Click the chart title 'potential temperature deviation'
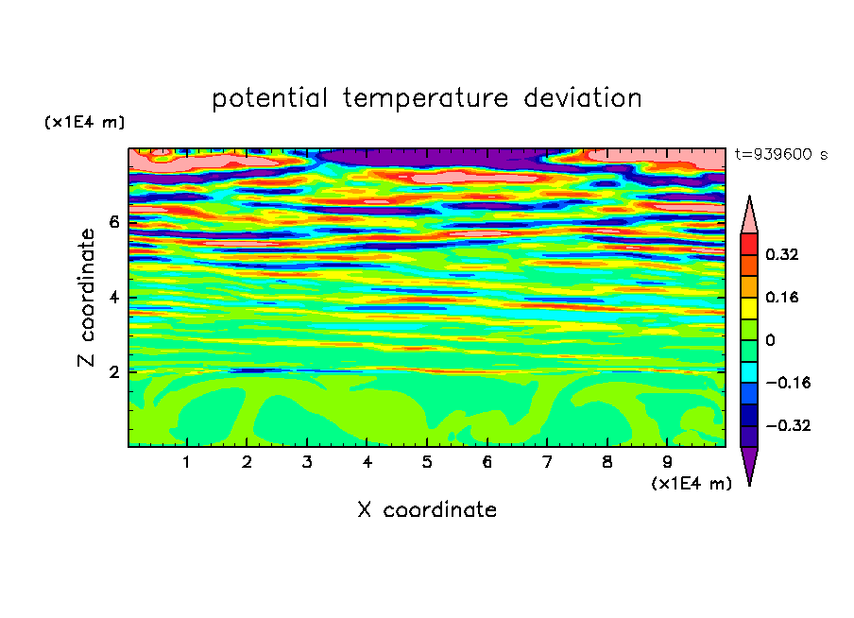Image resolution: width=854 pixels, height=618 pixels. click(x=426, y=99)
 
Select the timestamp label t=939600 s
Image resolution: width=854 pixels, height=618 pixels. click(x=781, y=154)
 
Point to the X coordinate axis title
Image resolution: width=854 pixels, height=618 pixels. click(x=427, y=509)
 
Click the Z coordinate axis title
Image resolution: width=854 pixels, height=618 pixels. click(x=87, y=297)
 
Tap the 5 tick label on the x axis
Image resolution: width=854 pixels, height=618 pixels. click(x=427, y=462)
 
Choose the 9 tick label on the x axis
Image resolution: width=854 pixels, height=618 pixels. click(x=667, y=462)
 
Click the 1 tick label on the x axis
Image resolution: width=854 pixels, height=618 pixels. click(x=187, y=462)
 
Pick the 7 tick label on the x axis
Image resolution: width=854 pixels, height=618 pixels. click(x=547, y=462)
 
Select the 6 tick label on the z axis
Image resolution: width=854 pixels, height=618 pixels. click(x=113, y=222)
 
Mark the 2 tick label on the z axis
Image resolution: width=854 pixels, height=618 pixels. click(x=113, y=372)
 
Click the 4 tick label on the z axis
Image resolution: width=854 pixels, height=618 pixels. click(x=113, y=298)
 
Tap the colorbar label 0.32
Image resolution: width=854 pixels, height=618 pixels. click(x=781, y=254)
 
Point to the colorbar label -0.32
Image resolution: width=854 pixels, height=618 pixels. click(x=788, y=425)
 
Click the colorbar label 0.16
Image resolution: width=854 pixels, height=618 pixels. click(x=781, y=297)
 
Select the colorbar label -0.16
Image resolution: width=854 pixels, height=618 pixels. click(x=788, y=383)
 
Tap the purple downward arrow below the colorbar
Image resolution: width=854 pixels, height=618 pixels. click(x=749, y=463)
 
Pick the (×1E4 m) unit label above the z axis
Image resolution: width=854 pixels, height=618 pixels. click(x=84, y=122)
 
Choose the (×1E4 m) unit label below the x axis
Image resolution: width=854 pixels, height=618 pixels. click(x=692, y=484)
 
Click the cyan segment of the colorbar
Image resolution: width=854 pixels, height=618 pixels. click(x=749, y=372)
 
